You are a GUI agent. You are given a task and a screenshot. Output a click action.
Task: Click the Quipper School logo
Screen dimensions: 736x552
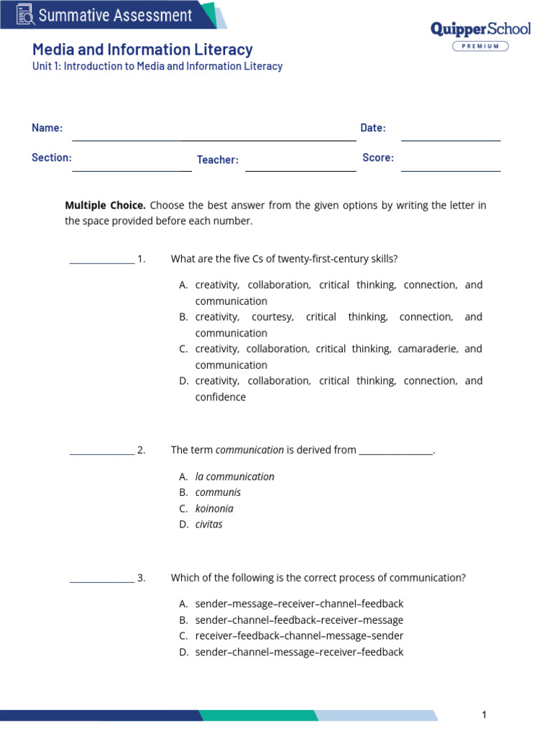coord(480,29)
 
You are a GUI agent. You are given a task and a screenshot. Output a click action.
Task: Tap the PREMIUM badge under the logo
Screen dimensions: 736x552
coord(480,46)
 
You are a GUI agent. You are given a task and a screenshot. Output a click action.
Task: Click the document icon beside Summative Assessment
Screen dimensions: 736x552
coord(24,14)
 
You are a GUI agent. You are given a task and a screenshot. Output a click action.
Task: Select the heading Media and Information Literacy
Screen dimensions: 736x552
coord(142,49)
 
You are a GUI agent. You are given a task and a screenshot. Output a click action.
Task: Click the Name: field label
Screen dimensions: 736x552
coord(47,128)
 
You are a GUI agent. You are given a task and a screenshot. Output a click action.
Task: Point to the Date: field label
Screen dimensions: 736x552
coord(373,128)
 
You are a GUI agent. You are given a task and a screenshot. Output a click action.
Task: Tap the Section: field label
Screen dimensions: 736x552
coord(51,157)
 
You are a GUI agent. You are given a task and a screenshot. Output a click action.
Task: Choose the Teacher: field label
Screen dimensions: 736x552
coord(218,160)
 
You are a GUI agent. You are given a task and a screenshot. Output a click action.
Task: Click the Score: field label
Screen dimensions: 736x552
coord(378,157)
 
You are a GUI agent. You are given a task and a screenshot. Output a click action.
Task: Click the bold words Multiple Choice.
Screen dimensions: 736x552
coord(105,205)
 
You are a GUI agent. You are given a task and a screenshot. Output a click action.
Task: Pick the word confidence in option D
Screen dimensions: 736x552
coord(221,397)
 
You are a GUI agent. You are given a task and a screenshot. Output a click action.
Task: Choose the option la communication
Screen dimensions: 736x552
coord(235,477)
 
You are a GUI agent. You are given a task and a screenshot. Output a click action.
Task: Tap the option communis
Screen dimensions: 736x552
coord(218,492)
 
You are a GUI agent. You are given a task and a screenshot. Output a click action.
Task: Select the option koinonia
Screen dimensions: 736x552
coord(214,508)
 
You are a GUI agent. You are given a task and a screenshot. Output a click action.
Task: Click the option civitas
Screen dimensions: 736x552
coord(209,524)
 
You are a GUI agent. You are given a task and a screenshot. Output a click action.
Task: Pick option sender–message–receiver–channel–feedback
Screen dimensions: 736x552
coord(299,604)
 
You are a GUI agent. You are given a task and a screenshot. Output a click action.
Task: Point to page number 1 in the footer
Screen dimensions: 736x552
coord(484,714)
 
